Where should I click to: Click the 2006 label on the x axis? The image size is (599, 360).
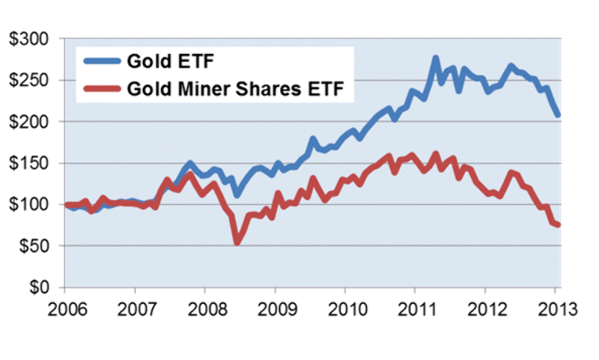click(64, 308)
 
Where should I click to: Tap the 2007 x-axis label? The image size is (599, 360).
click(135, 308)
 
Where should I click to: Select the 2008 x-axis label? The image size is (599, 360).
click(204, 308)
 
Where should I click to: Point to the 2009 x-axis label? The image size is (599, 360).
click(275, 308)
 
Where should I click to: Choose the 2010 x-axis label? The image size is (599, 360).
click(345, 308)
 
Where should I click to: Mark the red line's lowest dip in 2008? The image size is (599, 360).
click(237, 242)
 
